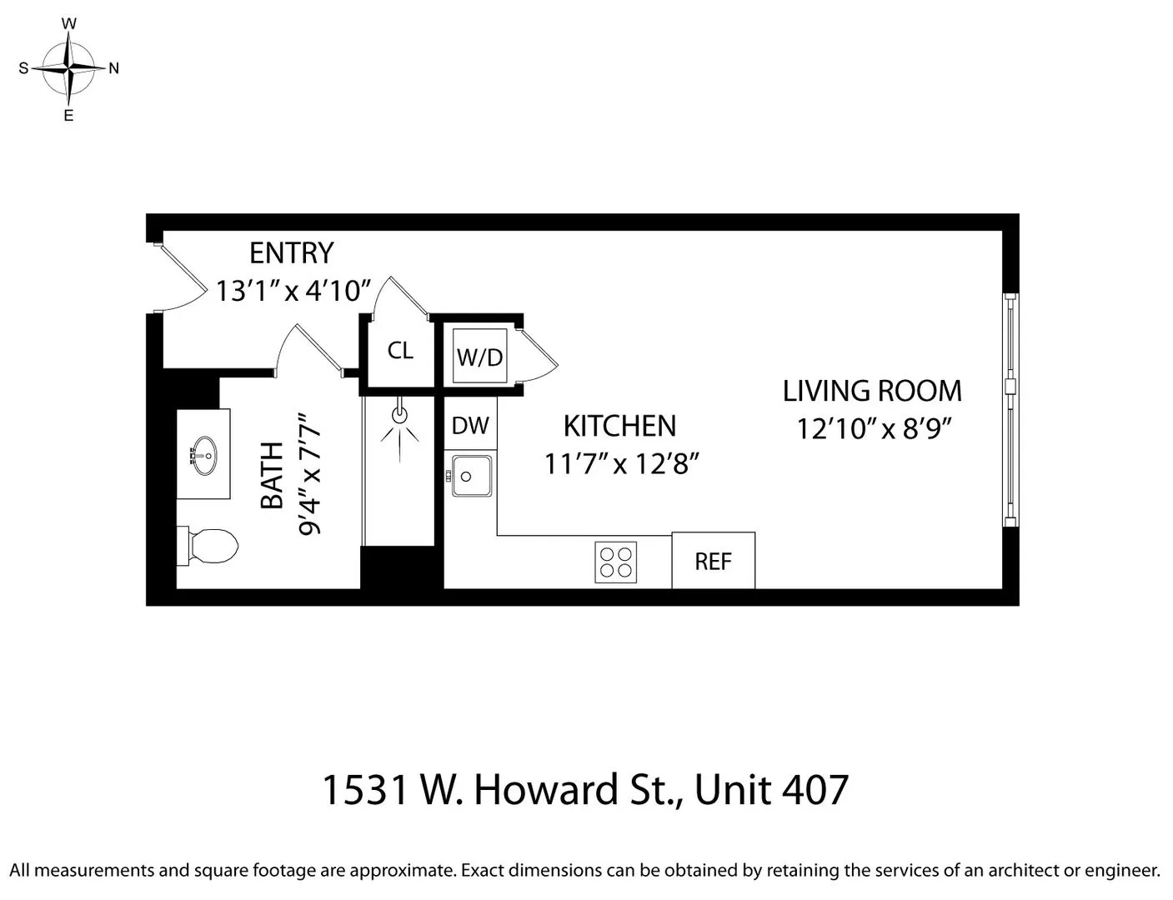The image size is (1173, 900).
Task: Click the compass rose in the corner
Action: [69, 68]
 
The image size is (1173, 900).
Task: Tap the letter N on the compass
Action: [114, 69]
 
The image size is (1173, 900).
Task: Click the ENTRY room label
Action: [291, 252]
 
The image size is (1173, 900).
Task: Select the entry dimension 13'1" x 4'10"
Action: [293, 291]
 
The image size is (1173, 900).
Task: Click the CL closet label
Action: [400, 351]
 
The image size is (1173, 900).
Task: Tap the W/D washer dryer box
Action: [480, 357]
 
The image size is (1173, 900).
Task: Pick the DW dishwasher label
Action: [470, 426]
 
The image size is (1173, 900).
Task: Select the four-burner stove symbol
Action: [616, 562]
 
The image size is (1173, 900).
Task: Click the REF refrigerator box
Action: [713, 561]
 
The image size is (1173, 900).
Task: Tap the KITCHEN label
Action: [619, 426]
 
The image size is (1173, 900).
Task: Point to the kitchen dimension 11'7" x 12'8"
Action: [620, 463]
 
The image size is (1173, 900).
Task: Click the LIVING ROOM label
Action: [872, 391]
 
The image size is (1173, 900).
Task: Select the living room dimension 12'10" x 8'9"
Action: [874, 428]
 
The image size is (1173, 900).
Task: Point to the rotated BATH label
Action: [273, 475]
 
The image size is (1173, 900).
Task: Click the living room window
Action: [1010, 410]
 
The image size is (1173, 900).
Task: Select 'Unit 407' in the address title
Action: [771, 789]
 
